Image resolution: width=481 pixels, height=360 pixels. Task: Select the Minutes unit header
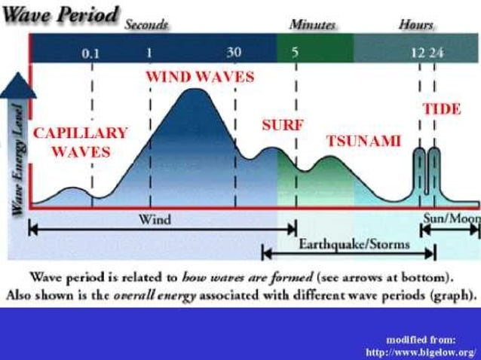[312, 24]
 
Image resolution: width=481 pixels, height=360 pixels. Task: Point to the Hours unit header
[416, 24]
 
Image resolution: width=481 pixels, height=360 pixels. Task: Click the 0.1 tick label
[91, 53]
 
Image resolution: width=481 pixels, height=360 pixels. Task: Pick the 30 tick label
[234, 53]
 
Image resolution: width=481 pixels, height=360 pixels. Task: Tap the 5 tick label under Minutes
[295, 53]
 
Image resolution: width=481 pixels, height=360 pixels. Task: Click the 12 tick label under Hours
[416, 53]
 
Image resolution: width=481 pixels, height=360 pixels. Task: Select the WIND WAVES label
[200, 77]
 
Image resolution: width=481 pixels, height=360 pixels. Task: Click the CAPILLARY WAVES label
[80, 142]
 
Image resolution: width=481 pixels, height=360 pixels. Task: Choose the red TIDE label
[442, 108]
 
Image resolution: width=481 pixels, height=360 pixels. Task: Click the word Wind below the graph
[155, 221]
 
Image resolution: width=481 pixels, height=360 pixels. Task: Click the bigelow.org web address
[421, 351]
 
